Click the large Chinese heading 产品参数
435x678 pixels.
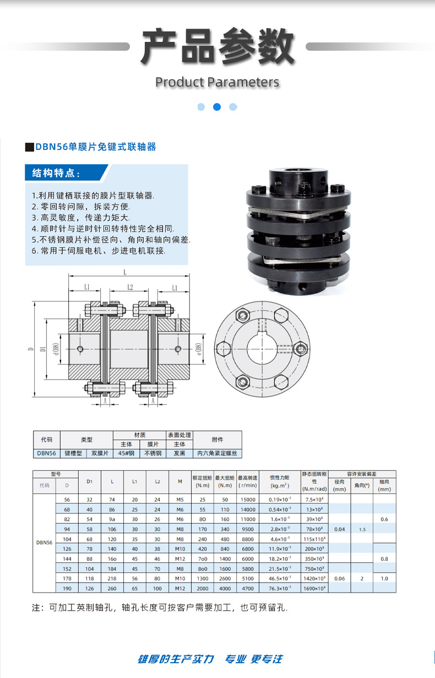click(217, 46)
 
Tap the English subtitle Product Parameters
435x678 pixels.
click(217, 82)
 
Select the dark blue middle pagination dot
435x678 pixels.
click(217, 107)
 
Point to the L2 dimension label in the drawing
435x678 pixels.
click(130, 287)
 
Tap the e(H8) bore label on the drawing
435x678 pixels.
click(199, 348)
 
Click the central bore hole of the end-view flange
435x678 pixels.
click(261, 348)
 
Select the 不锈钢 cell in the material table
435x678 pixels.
click(153, 454)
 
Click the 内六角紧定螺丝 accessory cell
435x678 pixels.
click(218, 454)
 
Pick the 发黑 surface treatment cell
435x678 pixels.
click(180, 454)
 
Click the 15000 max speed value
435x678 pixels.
click(247, 499)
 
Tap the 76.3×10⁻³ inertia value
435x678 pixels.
click(280, 588)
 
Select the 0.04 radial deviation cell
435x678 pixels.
click(339, 529)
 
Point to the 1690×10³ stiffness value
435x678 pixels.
click(314, 588)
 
